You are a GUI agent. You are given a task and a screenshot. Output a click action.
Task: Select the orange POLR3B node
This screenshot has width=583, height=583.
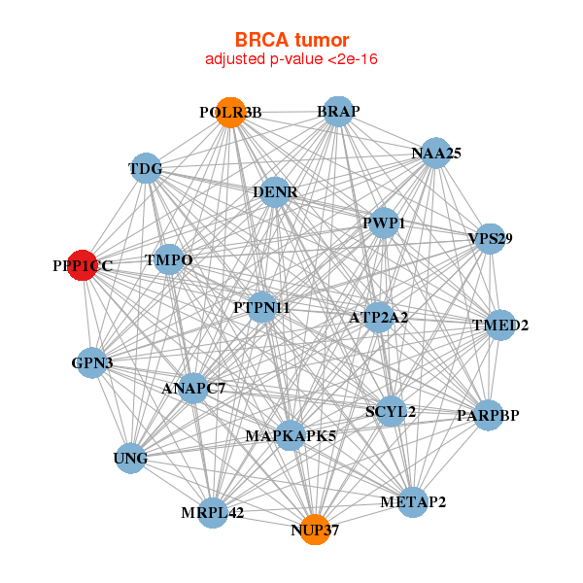click(x=230, y=112)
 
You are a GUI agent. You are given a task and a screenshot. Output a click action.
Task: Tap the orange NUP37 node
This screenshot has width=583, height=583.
click(x=314, y=530)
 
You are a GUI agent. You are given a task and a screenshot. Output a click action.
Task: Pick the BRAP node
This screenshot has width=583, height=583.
click(x=337, y=112)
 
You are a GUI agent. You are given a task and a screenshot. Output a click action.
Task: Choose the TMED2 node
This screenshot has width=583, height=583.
click(x=501, y=325)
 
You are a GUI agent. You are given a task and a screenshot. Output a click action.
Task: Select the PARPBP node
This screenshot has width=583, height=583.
click(x=488, y=415)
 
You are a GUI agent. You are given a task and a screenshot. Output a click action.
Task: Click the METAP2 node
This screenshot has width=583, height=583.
click(x=413, y=501)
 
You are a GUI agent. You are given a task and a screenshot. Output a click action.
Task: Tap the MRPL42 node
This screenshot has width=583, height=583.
click(x=213, y=511)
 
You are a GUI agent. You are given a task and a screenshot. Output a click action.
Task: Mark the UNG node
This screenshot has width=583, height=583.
click(x=131, y=458)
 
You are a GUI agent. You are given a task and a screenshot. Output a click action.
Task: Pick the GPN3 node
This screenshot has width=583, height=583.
click(x=91, y=362)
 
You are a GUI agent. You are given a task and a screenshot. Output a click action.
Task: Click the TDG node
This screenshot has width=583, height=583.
click(x=146, y=169)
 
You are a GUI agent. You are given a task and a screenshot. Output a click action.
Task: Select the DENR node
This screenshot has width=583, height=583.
click(x=275, y=192)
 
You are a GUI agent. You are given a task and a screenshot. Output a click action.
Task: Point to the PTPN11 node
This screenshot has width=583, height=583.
click(x=262, y=307)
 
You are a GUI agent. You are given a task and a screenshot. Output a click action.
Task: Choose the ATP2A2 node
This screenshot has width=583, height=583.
click(x=378, y=317)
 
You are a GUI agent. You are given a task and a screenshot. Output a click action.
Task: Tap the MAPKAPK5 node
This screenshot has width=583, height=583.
click(x=291, y=434)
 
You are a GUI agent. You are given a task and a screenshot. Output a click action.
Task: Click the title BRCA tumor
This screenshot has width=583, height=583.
click(x=291, y=40)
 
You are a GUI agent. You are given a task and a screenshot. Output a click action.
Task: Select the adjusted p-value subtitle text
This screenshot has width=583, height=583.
click(x=291, y=59)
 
